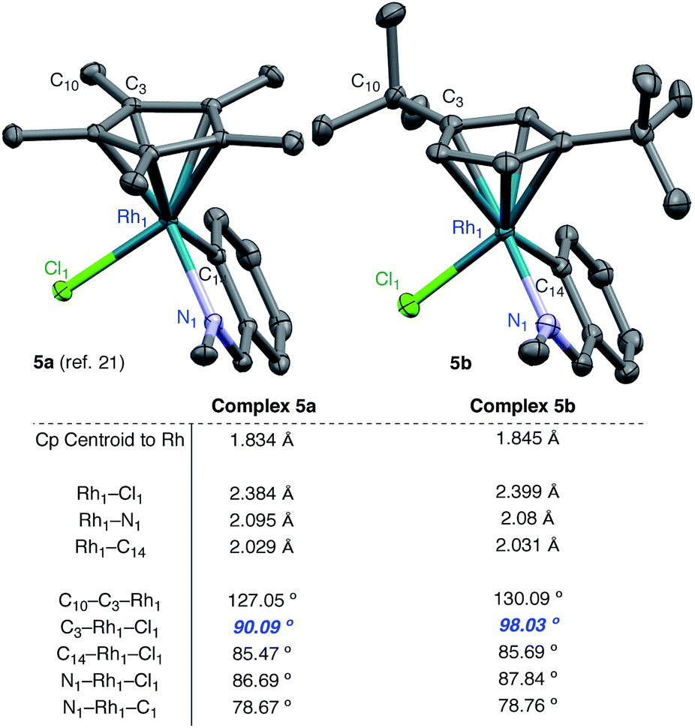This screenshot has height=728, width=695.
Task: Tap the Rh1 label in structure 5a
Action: click(x=133, y=217)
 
